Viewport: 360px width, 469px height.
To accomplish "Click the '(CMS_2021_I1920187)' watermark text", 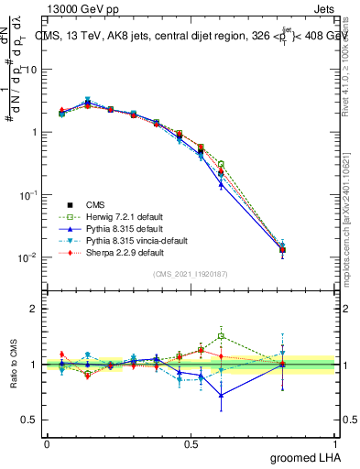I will coord(191,274).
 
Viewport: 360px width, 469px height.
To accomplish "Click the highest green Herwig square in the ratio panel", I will coord(221,336).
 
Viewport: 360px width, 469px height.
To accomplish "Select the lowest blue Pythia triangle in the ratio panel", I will coord(221,396).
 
